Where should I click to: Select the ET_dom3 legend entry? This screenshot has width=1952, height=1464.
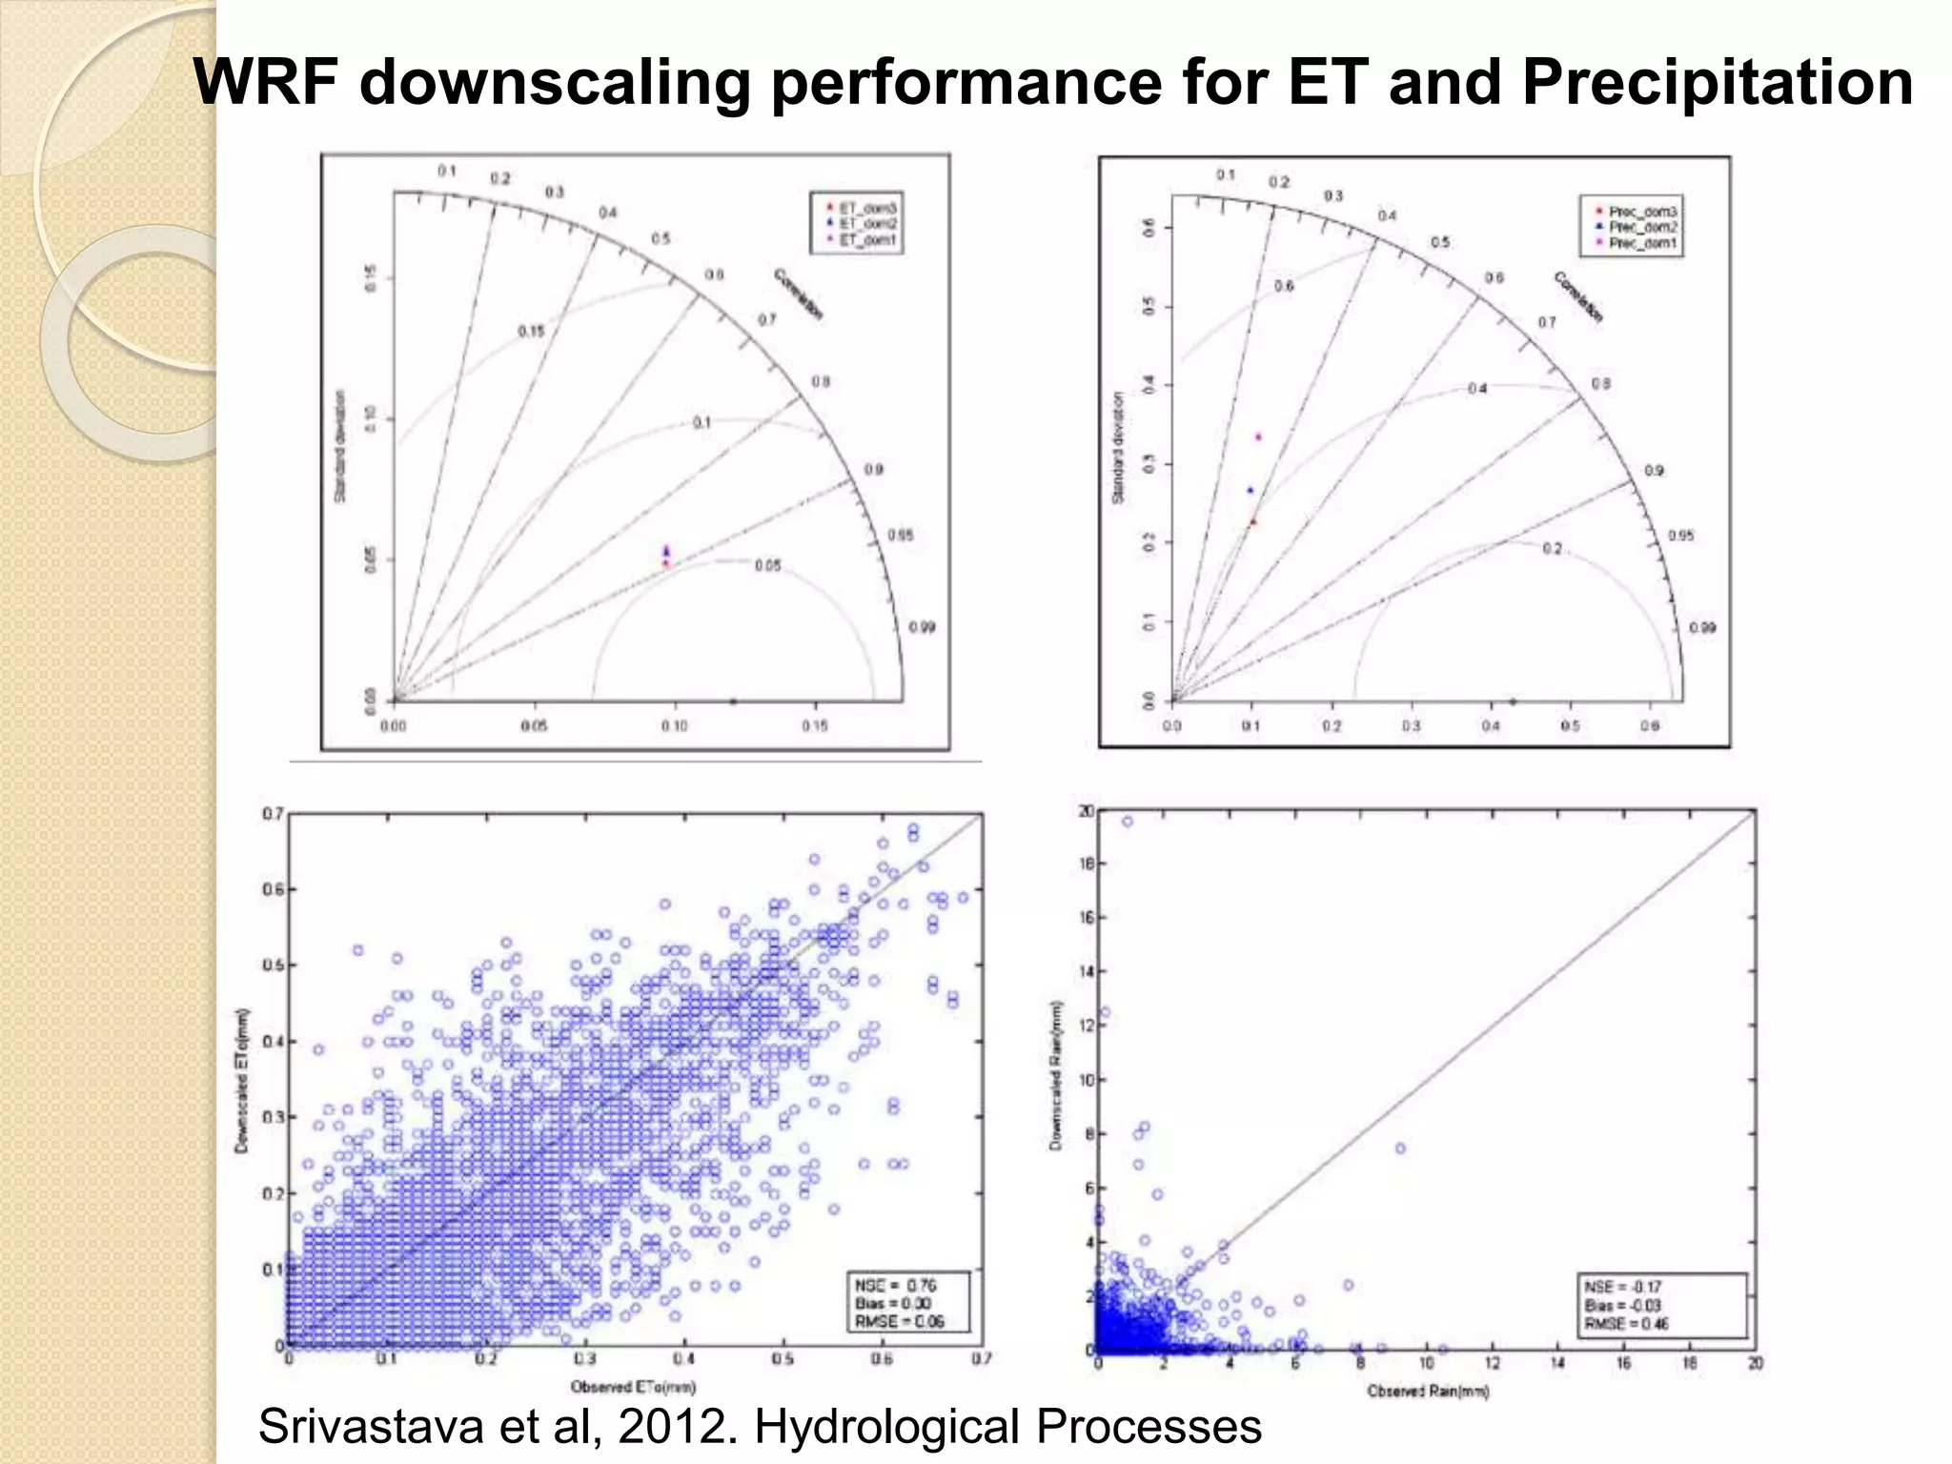pyautogui.click(x=866, y=208)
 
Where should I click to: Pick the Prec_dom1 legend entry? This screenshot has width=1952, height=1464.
pyautogui.click(x=1641, y=244)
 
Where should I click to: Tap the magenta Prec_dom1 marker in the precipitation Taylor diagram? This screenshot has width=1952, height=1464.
pyautogui.click(x=1258, y=437)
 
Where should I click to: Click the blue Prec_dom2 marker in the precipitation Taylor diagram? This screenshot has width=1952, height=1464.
pyautogui.click(x=1250, y=490)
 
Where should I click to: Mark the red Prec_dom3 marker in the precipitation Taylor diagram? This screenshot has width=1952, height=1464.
pyautogui.click(x=1253, y=521)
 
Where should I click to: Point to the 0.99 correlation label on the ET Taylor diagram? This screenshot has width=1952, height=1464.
pyautogui.click(x=921, y=627)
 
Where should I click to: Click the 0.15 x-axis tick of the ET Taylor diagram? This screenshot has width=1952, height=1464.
pyautogui.click(x=814, y=726)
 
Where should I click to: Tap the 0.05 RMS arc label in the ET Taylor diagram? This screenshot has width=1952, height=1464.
pyautogui.click(x=767, y=566)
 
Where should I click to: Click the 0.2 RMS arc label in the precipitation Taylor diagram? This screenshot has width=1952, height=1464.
pyautogui.click(x=1552, y=549)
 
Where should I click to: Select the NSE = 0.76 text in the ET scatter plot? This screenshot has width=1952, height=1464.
pyautogui.click(x=895, y=1286)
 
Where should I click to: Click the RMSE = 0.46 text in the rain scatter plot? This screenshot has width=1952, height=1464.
pyautogui.click(x=1626, y=1324)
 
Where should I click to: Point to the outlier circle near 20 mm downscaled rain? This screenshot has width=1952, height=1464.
pyautogui.click(x=1128, y=822)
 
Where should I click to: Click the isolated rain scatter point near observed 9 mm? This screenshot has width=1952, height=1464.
pyautogui.click(x=1400, y=1149)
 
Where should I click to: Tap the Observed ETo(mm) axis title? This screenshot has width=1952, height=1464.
pyautogui.click(x=633, y=1387)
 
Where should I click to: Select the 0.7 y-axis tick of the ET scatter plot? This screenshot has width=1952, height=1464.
pyautogui.click(x=273, y=814)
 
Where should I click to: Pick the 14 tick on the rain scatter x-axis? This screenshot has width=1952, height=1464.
pyautogui.click(x=1557, y=1364)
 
